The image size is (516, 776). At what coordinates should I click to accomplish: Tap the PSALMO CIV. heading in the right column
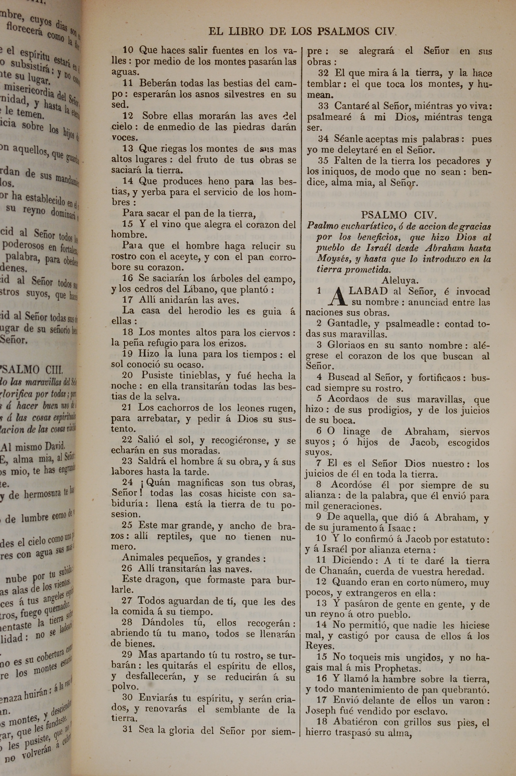(x=399, y=215)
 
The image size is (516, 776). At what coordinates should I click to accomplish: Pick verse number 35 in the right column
(x=324, y=161)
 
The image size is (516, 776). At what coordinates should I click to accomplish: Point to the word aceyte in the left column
(x=179, y=257)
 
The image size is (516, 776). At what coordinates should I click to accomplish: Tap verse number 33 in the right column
(x=324, y=106)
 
